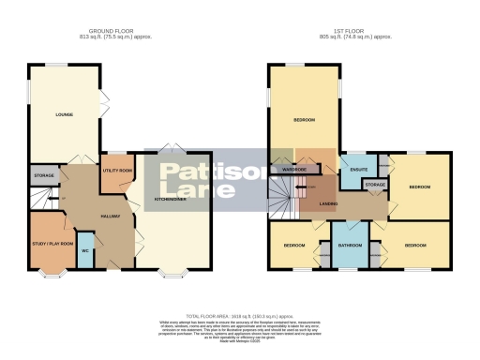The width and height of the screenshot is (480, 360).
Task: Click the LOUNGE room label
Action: tap(65, 115)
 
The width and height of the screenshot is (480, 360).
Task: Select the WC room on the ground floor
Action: tap(85, 251)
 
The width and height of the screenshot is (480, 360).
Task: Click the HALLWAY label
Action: tap(111, 217)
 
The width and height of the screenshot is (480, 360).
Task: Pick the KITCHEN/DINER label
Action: tap(173, 200)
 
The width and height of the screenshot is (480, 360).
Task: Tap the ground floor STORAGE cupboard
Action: tap(44, 175)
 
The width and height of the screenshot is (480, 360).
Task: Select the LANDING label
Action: tap(328, 203)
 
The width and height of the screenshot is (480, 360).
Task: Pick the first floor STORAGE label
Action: tap(374, 186)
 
